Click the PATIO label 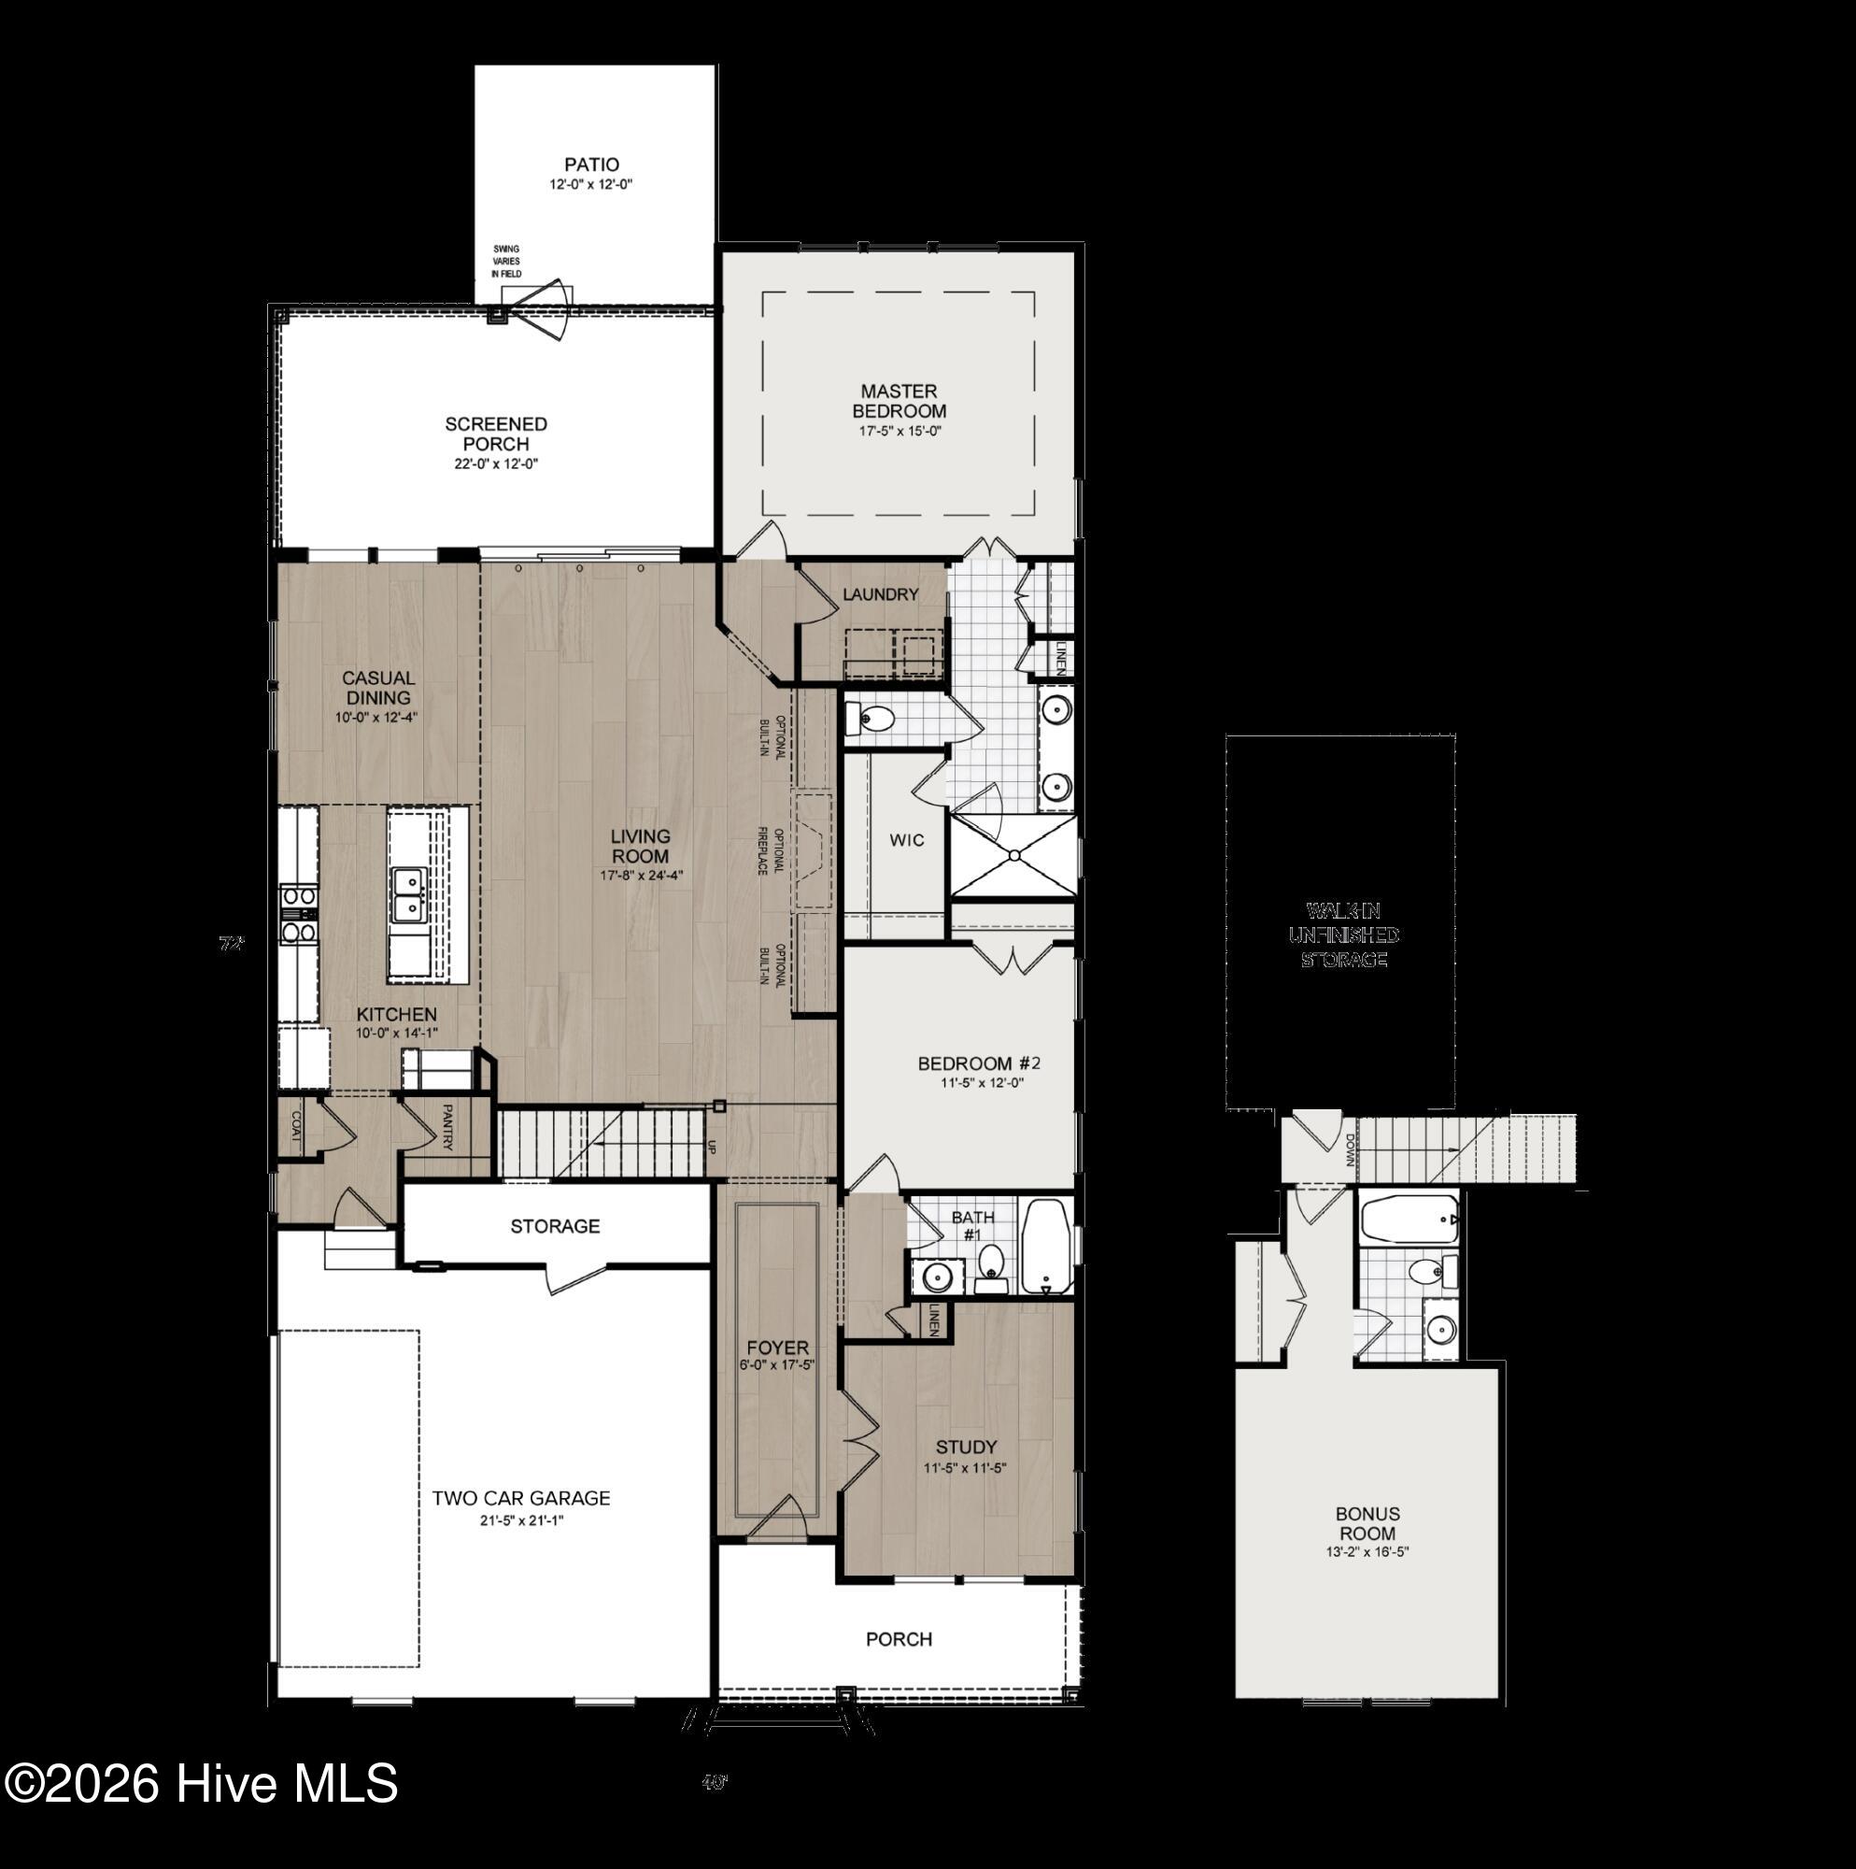(x=592, y=164)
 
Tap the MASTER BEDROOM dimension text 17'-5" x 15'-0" (x=900, y=432)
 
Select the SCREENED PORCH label (x=495, y=434)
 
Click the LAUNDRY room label (x=879, y=594)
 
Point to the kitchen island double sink (x=410, y=895)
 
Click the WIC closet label (x=906, y=840)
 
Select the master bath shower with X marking (x=1013, y=856)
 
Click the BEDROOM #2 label (x=979, y=1064)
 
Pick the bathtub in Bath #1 (x=1048, y=1247)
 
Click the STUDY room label (x=965, y=1448)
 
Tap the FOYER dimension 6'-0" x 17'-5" (x=776, y=1366)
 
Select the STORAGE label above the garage (x=555, y=1226)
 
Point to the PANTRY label (x=447, y=1128)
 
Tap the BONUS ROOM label (x=1367, y=1523)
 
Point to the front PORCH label (x=899, y=1639)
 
